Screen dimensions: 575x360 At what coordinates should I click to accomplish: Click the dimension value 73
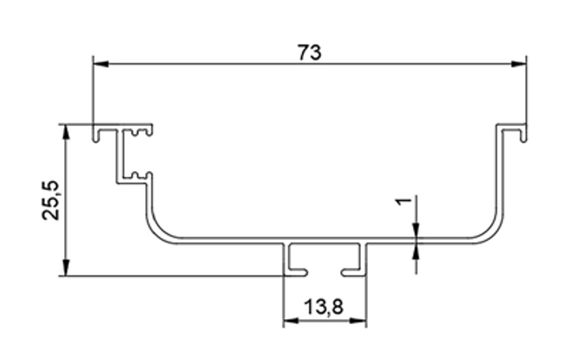pyautogui.click(x=310, y=53)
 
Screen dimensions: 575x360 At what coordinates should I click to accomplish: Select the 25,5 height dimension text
pyautogui.click(x=51, y=201)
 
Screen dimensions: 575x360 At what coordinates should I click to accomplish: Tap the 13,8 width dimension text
pyautogui.click(x=324, y=307)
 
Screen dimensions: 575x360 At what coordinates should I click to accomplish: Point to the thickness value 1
pyautogui.click(x=403, y=201)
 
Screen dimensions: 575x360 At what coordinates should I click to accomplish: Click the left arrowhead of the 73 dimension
pyautogui.click(x=101, y=64)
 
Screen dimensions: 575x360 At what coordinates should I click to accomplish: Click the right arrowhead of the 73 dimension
pyautogui.click(x=518, y=64)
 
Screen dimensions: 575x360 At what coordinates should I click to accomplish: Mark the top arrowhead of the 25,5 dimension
pyautogui.click(x=66, y=132)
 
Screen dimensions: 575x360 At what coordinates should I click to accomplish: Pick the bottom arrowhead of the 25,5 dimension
pyautogui.click(x=66, y=267)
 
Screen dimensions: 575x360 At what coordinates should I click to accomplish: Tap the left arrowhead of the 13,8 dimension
pyautogui.click(x=292, y=321)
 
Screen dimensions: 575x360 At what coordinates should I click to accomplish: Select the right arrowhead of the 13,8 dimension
pyautogui.click(x=357, y=321)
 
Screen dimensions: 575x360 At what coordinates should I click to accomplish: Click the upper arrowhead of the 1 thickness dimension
pyautogui.click(x=416, y=229)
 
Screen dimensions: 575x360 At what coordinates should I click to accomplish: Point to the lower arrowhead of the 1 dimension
pyautogui.click(x=416, y=252)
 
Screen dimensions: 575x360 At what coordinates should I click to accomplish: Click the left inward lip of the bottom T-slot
pyautogui.click(x=297, y=272)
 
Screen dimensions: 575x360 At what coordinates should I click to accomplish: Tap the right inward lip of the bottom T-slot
pyautogui.click(x=353, y=272)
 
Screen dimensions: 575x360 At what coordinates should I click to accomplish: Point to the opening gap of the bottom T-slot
pyautogui.click(x=325, y=273)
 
